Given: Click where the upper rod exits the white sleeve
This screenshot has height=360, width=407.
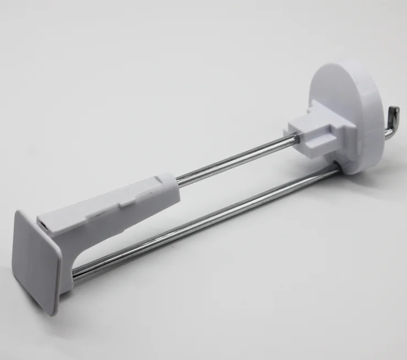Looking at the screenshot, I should pos(177,180).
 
